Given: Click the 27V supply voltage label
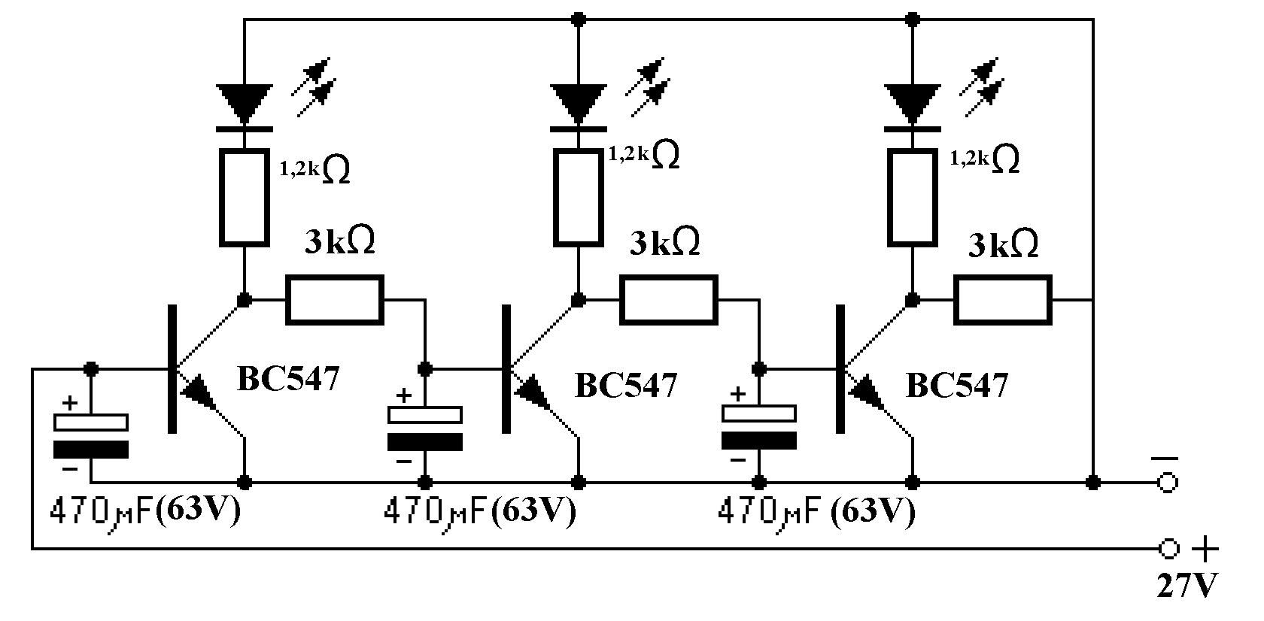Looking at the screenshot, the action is [x=1187, y=586].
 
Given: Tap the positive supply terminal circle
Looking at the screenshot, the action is [x=1168, y=548].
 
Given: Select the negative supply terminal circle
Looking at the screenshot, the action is [x=1168, y=483].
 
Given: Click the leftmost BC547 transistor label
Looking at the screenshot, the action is [x=288, y=378].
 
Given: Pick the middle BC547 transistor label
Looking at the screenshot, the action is [x=625, y=386].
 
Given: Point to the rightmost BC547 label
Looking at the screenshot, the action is [x=956, y=386].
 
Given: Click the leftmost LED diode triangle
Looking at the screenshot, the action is [x=245, y=103].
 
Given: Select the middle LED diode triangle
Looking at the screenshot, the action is [x=579, y=103].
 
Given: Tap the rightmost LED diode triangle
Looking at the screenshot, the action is [x=913, y=103].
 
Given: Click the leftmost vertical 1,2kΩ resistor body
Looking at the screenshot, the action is [x=244, y=198].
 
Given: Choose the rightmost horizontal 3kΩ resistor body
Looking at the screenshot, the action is [x=1003, y=300].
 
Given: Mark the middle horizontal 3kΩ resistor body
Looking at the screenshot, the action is [x=669, y=300].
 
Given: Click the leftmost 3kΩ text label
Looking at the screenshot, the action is [x=340, y=241].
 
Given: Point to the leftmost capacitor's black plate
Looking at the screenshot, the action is [x=91, y=450].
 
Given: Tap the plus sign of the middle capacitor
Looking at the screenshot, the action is [x=403, y=396].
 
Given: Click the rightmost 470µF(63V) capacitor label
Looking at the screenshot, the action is [x=816, y=512].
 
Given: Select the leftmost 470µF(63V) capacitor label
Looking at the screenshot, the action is [x=146, y=512].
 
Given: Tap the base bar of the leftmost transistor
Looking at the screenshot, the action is [x=173, y=369].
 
